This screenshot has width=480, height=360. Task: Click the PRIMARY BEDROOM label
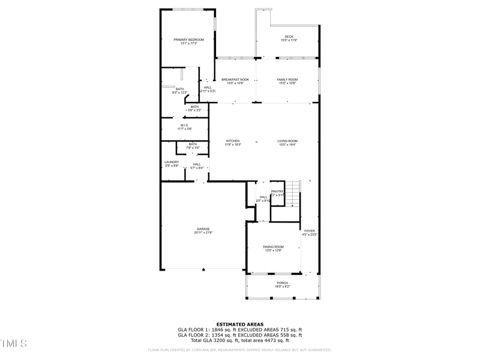tap(188, 40)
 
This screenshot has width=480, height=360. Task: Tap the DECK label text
tap(289, 37)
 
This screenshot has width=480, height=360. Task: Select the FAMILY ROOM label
tap(287, 79)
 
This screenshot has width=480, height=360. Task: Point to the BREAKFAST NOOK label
tap(235, 79)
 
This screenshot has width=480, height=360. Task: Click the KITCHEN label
tap(233, 141)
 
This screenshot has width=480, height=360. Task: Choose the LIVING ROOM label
tap(287, 141)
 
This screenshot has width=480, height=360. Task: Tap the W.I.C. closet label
tap(184, 125)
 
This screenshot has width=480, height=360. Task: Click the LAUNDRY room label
tap(172, 162)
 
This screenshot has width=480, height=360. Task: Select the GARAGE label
tap(203, 229)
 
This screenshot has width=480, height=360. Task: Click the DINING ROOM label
tap(273, 247)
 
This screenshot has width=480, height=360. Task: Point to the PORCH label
tap(282, 283)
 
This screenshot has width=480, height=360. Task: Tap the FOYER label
tap(309, 231)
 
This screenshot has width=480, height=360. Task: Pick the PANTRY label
tap(277, 191)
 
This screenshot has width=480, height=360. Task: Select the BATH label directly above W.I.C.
tap(194, 107)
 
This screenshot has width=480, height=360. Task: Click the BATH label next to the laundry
tap(193, 144)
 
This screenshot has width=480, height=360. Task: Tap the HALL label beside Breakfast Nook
tap(207, 88)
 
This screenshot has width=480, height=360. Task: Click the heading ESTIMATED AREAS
tap(240, 324)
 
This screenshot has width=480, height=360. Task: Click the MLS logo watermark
tap(14, 344)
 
